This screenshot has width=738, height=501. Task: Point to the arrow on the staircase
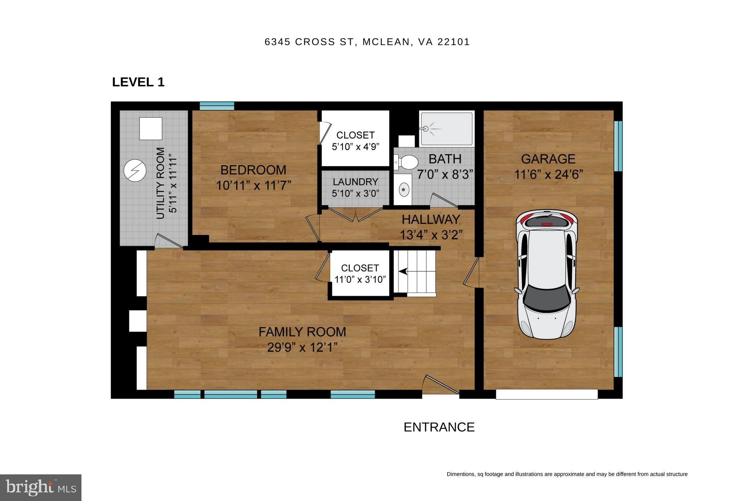pyautogui.click(x=403, y=271)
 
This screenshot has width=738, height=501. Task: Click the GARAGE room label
pyautogui.click(x=548, y=159)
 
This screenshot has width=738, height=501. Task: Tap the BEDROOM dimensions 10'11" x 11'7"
pyautogui.click(x=253, y=186)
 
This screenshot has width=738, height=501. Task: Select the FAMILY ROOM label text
pyautogui.click(x=302, y=332)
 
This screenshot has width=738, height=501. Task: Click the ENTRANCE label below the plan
pyautogui.click(x=439, y=427)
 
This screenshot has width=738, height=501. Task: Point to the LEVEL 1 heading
pyautogui.click(x=138, y=82)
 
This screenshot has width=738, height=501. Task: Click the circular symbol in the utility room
pyautogui.click(x=135, y=170)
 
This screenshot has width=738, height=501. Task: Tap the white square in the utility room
pyautogui.click(x=151, y=128)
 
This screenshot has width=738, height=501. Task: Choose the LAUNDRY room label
pyautogui.click(x=355, y=182)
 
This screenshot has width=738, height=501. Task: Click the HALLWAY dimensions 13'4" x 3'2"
pyautogui.click(x=431, y=235)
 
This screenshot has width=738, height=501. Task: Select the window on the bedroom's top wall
pyautogui.click(x=217, y=106)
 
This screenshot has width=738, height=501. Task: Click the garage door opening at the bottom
pyautogui.click(x=547, y=394)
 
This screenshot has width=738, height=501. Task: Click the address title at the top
pyautogui.click(x=367, y=42)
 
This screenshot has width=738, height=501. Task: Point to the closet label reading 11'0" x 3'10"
pyautogui.click(x=360, y=280)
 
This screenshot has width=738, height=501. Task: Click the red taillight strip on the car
pyautogui.click(x=547, y=224)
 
